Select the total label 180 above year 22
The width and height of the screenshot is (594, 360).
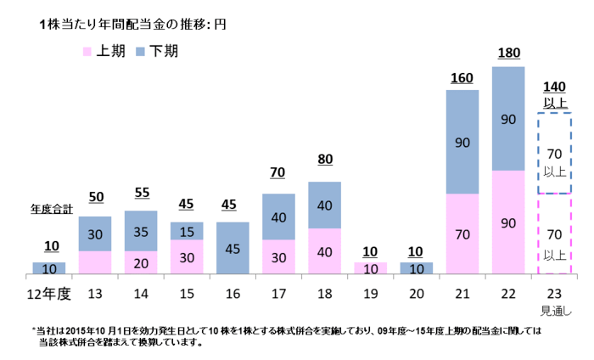tap(508, 53)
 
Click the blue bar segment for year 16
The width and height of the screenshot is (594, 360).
tap(233, 248)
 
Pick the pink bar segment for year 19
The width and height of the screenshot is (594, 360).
tap(371, 268)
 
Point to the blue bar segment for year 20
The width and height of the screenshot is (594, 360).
tap(417, 268)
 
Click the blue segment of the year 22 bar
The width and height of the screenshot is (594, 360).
tap(508, 120)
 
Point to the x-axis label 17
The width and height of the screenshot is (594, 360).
tap(278, 293)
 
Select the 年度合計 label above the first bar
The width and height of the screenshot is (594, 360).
tap(49, 207)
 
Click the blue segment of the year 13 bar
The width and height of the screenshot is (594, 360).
tap(95, 233)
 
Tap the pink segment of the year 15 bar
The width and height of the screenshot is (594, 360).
tap(187, 256)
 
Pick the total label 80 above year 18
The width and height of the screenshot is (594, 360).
tap(324, 159)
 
